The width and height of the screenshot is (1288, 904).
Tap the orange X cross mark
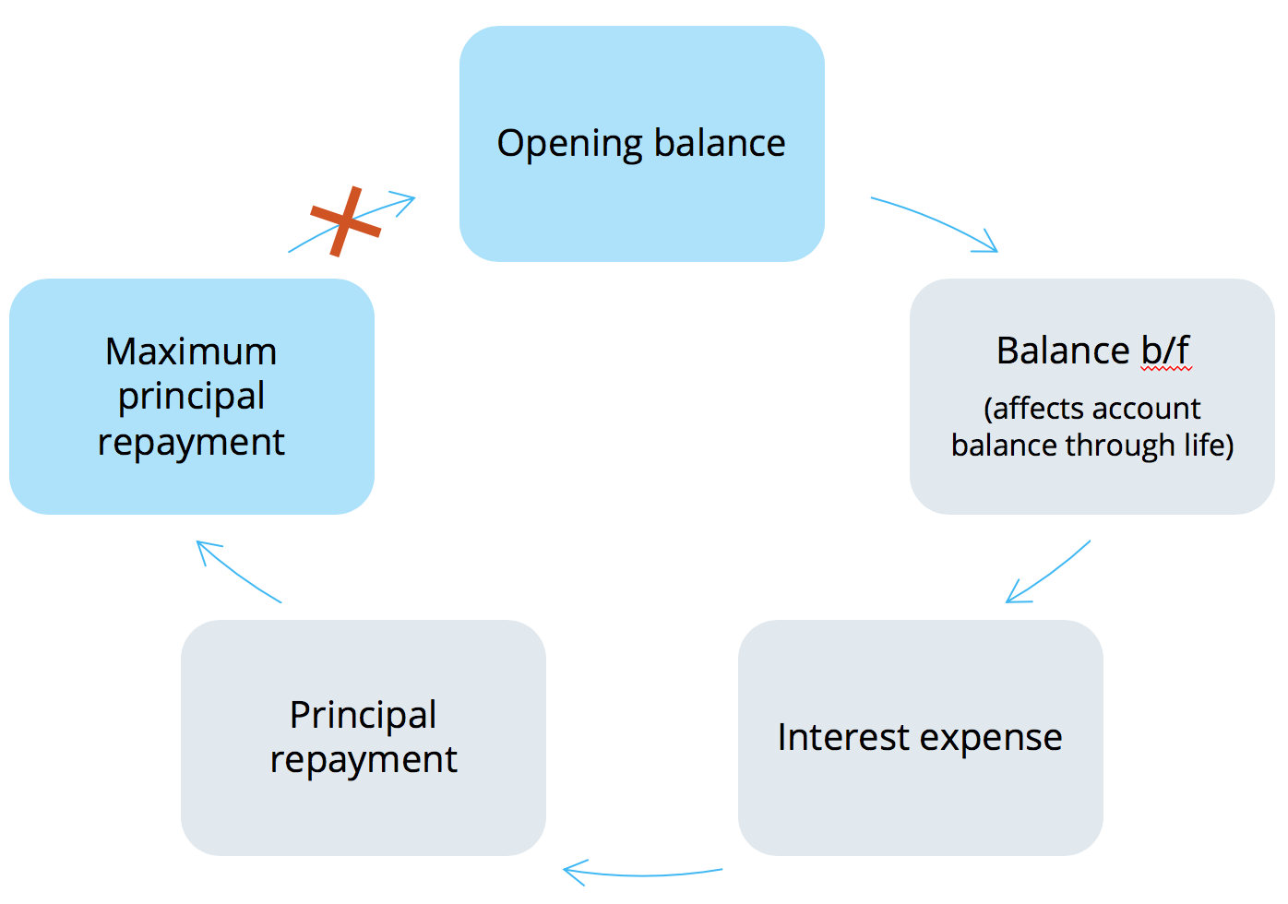click(x=345, y=221)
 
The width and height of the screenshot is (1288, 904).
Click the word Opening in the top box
click(x=569, y=145)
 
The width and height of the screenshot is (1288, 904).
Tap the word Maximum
click(x=191, y=351)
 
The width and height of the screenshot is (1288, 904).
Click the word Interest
click(x=843, y=738)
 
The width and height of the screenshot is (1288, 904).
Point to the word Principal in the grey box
click(x=363, y=715)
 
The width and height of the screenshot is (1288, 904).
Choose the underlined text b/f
click(x=1165, y=351)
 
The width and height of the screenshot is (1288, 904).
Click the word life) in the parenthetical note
click(x=1209, y=445)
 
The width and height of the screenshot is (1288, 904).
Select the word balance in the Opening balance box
click(x=720, y=144)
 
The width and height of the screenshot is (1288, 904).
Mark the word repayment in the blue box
click(x=191, y=443)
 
